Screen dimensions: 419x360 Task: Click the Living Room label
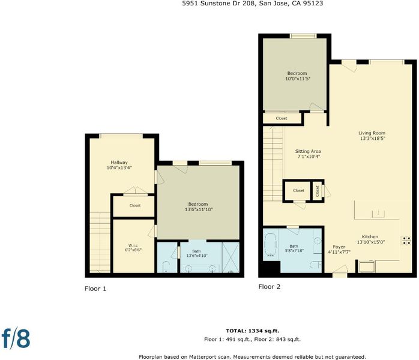pos(372,133)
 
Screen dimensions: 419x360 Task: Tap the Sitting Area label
pos(308,151)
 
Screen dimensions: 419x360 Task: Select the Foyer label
pos(339,247)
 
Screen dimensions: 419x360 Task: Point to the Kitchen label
pos(370,236)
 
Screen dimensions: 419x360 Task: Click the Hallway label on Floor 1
pos(119,163)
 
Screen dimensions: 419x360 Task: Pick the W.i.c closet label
pos(133,245)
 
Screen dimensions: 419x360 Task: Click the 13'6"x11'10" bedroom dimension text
pos(199,209)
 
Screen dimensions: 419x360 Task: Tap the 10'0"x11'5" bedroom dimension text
pos(298,79)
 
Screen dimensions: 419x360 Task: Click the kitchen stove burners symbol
pos(406,241)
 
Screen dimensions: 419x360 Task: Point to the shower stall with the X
pos(231,257)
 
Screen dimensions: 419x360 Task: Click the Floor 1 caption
pos(95,289)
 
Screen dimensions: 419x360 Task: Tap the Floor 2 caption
pos(270,287)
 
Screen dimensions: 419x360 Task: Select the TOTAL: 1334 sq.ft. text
pos(253,331)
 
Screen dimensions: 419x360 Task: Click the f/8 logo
pos(16,338)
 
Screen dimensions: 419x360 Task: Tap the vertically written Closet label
pos(318,191)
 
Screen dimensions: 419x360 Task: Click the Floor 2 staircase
pos(273,164)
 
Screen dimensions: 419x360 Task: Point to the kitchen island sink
pos(378,214)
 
